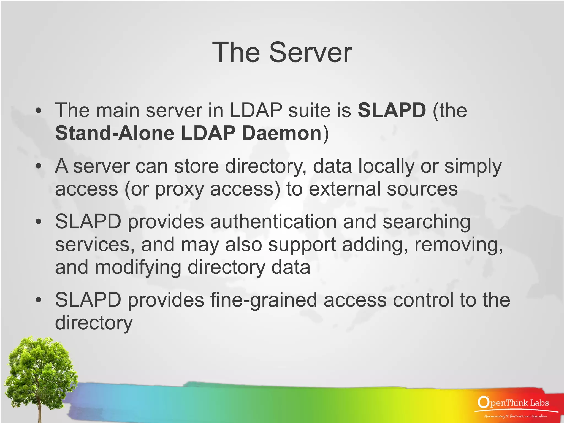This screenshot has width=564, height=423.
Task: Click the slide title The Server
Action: coord(282,52)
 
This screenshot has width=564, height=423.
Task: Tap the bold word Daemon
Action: coord(281,133)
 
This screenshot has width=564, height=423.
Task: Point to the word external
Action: coord(345,189)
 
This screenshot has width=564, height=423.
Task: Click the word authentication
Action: coord(273,222)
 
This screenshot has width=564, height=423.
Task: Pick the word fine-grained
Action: coord(264,300)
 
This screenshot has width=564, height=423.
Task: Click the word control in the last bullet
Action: coord(423,300)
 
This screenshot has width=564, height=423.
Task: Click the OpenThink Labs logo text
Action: coord(514,403)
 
